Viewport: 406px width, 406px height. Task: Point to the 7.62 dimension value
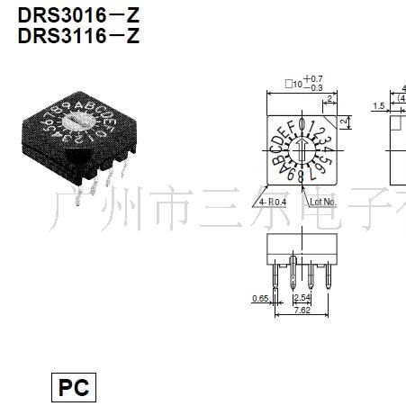click(x=302, y=311)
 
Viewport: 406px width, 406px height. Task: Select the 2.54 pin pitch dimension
click(x=302, y=297)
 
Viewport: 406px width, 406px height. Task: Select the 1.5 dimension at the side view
click(x=380, y=105)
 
